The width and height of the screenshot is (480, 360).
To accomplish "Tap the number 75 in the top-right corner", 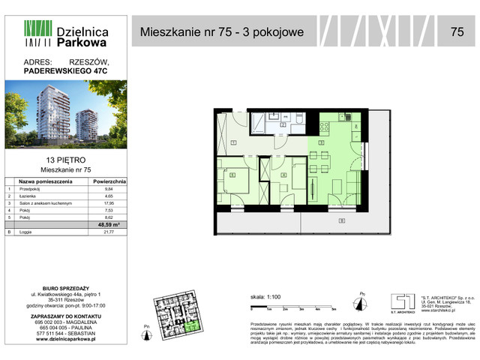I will coord(457,31).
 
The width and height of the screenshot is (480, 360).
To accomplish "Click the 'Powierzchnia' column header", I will coord(109,181).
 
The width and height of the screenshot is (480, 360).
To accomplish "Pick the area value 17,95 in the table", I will coord(109,203).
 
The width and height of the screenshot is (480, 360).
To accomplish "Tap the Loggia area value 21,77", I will coord(109,232).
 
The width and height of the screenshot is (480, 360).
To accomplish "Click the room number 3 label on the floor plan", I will coord(320,142).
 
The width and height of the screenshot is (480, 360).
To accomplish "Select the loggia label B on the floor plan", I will coord(342,220).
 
